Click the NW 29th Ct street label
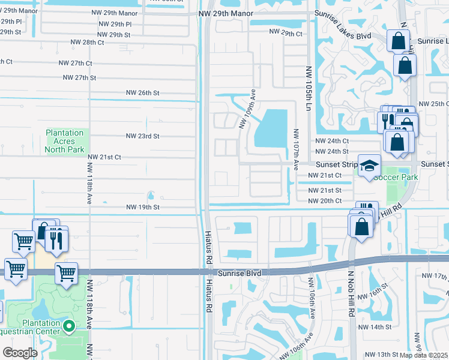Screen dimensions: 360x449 coord(286,33)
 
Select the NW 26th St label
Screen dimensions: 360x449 coord(143,93)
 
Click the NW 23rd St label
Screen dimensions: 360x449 coord(143,136)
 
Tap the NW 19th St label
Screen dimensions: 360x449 coord(143,207)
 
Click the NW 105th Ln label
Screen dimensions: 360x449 coord(309,88)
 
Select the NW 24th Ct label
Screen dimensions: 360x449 coord(332,140)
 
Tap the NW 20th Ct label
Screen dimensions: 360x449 coord(325,201)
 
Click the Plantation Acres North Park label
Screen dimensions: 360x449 coord(65,141)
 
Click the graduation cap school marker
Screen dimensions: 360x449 coord(370,165)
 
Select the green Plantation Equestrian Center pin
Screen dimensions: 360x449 coord(69,327)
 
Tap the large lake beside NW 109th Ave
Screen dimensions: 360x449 coord(273,128)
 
